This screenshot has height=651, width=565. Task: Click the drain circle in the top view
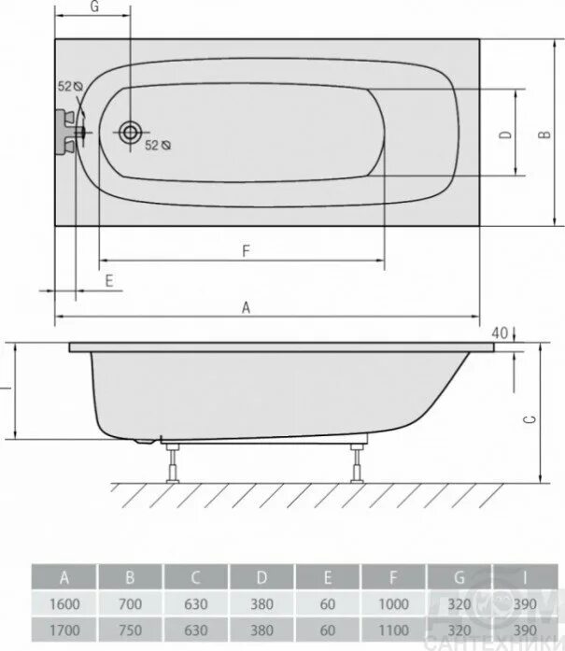[x=131, y=134]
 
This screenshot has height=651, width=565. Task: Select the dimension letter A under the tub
[x=246, y=306]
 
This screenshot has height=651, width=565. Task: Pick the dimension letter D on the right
[x=505, y=134]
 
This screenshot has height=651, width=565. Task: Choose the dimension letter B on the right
[x=544, y=134]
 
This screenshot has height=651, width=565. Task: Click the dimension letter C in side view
[x=530, y=420]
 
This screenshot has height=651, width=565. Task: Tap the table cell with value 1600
[x=64, y=604]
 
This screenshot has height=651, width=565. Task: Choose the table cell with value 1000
[x=394, y=604]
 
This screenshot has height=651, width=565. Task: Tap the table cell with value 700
[x=131, y=604]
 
